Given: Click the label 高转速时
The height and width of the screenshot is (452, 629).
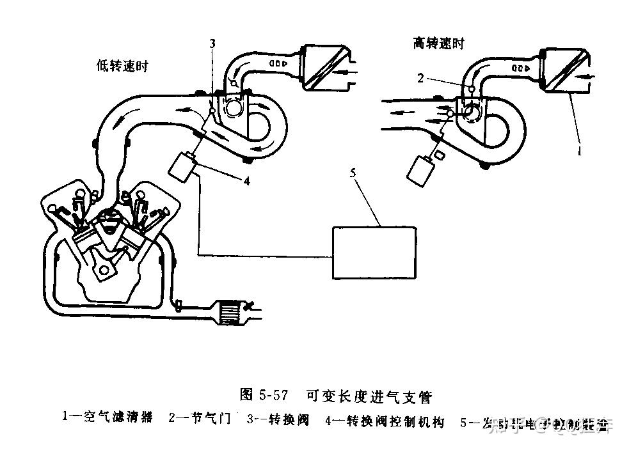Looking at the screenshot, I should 439,43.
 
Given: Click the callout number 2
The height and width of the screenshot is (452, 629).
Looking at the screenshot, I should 420,78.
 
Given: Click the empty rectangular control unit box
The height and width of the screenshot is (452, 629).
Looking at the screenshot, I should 374,252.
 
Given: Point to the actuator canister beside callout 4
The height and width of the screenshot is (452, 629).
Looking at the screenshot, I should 181,166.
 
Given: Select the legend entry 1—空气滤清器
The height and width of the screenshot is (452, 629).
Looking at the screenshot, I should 107,419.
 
